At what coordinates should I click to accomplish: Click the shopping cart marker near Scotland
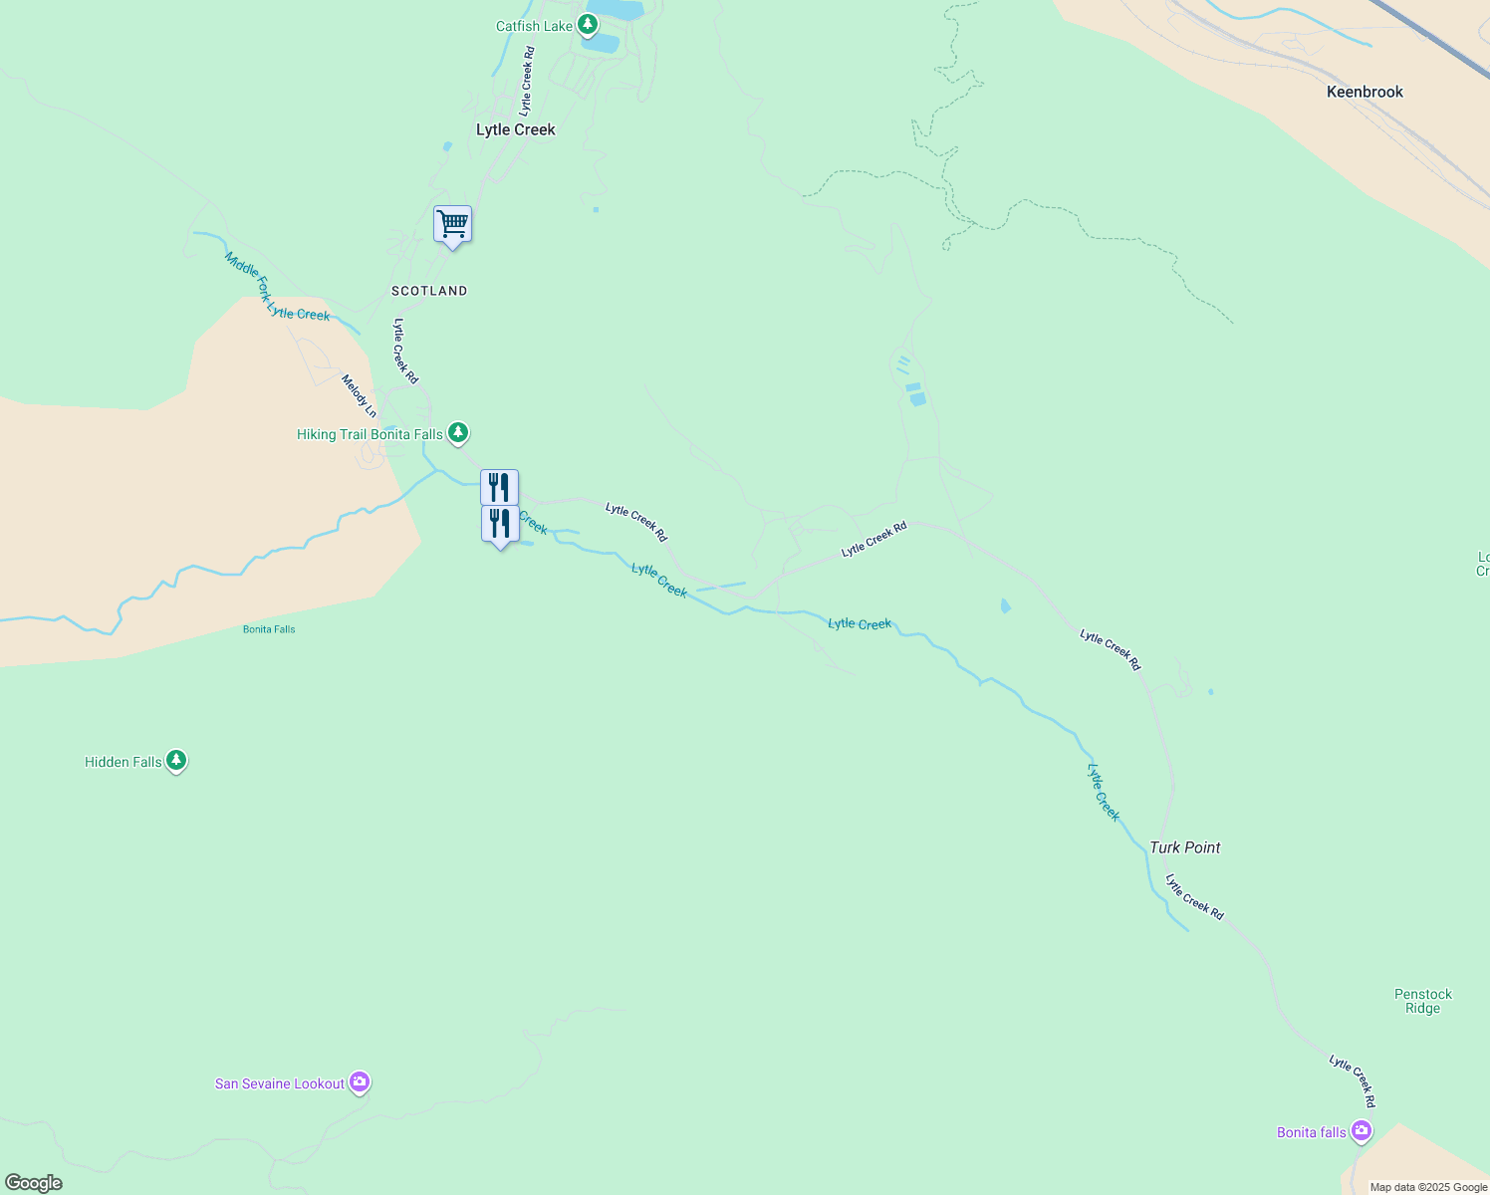tap(452, 224)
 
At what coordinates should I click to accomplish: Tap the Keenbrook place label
tap(1365, 92)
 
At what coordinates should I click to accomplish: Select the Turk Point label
tap(1184, 847)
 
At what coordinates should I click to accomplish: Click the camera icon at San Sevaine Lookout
tap(360, 1081)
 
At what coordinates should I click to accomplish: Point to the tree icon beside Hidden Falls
tap(176, 761)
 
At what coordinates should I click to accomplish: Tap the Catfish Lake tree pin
tap(588, 24)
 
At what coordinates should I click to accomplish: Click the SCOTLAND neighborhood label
tap(429, 291)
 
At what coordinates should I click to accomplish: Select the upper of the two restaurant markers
tap(499, 487)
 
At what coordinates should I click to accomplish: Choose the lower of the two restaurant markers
tap(500, 524)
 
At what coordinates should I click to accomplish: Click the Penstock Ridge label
tap(1422, 1001)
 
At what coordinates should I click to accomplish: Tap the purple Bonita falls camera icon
tap(1362, 1131)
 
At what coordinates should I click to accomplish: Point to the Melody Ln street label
tap(359, 396)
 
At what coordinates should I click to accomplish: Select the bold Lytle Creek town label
tap(516, 129)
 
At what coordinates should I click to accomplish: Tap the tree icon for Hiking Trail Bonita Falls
tap(457, 433)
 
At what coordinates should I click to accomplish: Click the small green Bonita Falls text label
tap(269, 629)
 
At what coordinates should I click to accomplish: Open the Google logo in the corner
tap(34, 1183)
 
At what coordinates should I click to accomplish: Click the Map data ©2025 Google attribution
tap(1428, 1187)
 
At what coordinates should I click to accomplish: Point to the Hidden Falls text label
tap(124, 762)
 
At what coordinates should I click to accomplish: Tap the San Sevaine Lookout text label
tap(280, 1083)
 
